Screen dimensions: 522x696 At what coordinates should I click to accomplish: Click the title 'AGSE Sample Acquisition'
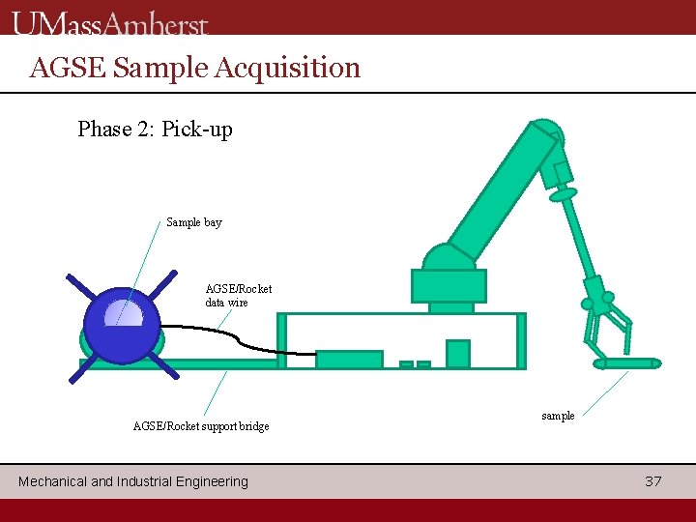click(x=195, y=68)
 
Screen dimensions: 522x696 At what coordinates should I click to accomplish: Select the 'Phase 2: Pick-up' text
click(x=155, y=129)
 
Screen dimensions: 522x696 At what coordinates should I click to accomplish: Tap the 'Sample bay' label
click(x=193, y=222)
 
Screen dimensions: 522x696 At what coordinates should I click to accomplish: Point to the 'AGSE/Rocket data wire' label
click(x=238, y=295)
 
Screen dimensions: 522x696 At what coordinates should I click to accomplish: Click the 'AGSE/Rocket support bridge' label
click(x=201, y=426)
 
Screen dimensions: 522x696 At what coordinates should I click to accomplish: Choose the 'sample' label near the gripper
click(x=558, y=416)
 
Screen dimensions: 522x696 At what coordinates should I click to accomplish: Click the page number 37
click(x=653, y=481)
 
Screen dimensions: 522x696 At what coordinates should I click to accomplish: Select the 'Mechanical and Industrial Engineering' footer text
click(x=133, y=481)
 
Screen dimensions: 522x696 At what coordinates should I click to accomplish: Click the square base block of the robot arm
click(x=449, y=285)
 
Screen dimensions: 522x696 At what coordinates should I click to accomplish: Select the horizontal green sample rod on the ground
click(x=626, y=363)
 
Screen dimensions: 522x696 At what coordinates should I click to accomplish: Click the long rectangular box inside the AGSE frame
click(x=349, y=359)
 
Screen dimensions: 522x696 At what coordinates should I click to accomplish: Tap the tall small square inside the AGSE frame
click(x=457, y=354)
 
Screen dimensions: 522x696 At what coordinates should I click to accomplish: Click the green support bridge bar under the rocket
click(x=217, y=364)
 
